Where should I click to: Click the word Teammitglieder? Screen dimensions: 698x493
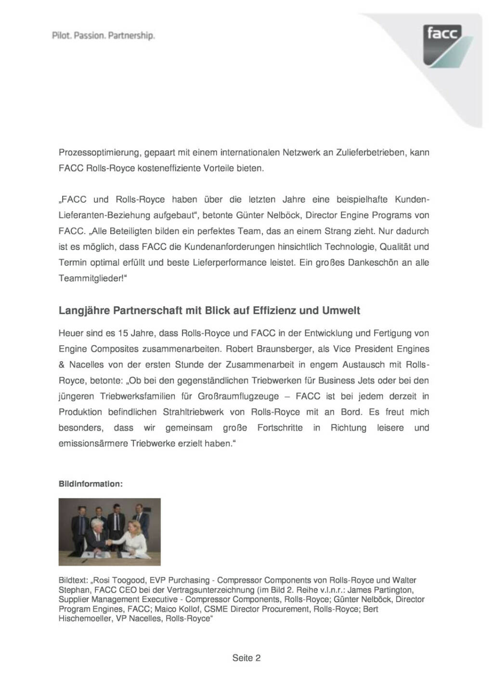(90, 278)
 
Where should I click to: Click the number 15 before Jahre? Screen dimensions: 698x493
(123, 333)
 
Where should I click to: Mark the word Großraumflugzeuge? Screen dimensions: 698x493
(237, 396)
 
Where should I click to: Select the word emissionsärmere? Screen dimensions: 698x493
(93, 444)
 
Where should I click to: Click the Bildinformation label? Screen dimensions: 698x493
(91, 484)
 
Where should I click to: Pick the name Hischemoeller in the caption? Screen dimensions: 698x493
(84, 619)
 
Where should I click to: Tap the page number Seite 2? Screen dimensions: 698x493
(246, 658)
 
